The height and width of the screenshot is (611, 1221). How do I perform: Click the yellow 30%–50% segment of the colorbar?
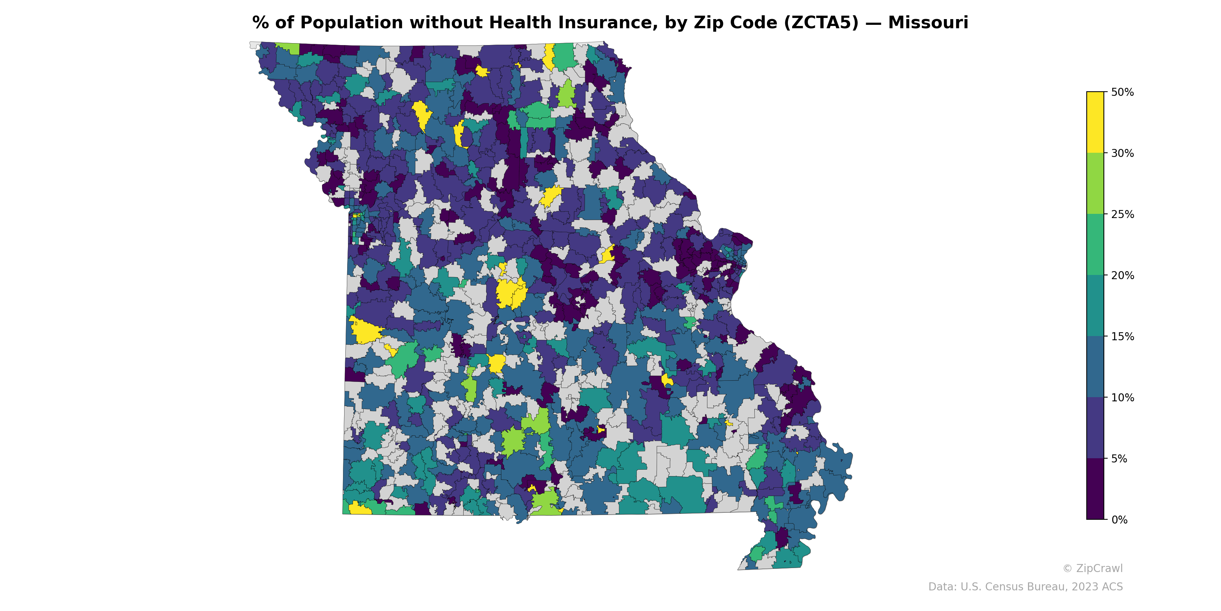[x=1095, y=122]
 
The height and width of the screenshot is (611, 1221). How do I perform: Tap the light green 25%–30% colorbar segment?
[x=1095, y=184]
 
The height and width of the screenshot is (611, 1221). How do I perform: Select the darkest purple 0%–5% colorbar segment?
[x=1095, y=489]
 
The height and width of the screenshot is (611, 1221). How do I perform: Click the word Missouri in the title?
[x=928, y=23]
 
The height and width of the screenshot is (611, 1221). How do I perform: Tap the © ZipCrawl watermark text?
[x=1092, y=568]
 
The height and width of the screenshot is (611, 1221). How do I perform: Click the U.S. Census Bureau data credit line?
[x=1025, y=587]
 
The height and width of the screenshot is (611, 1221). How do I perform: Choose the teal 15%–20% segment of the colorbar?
[x=1095, y=306]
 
